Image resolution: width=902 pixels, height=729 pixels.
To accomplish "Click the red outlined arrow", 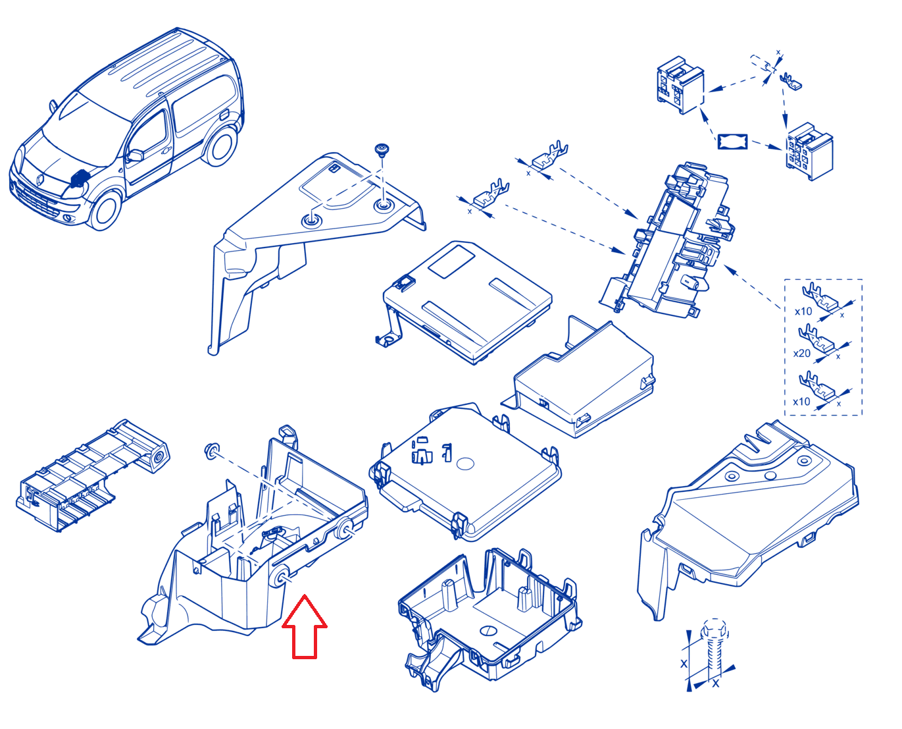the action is (304, 628).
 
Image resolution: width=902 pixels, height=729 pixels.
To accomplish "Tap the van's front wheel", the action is (105, 210).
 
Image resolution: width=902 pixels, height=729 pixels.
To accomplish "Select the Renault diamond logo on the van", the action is (40, 180).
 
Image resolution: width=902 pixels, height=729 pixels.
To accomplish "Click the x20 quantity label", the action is (801, 353).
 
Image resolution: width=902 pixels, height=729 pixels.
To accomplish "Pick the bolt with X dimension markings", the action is (714, 653).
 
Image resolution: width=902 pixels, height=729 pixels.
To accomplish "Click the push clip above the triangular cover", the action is (382, 151).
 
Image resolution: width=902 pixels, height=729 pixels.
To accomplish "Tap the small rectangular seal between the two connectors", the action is (733, 142).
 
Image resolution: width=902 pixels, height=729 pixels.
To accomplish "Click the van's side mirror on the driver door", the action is (135, 155).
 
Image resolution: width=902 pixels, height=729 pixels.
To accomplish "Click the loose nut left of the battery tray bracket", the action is (211, 451).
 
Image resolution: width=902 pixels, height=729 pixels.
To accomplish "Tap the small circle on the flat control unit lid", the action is (465, 463).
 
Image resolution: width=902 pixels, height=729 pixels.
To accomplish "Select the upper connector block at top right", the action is (680, 85).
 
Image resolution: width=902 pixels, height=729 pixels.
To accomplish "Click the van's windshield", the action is (87, 127).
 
